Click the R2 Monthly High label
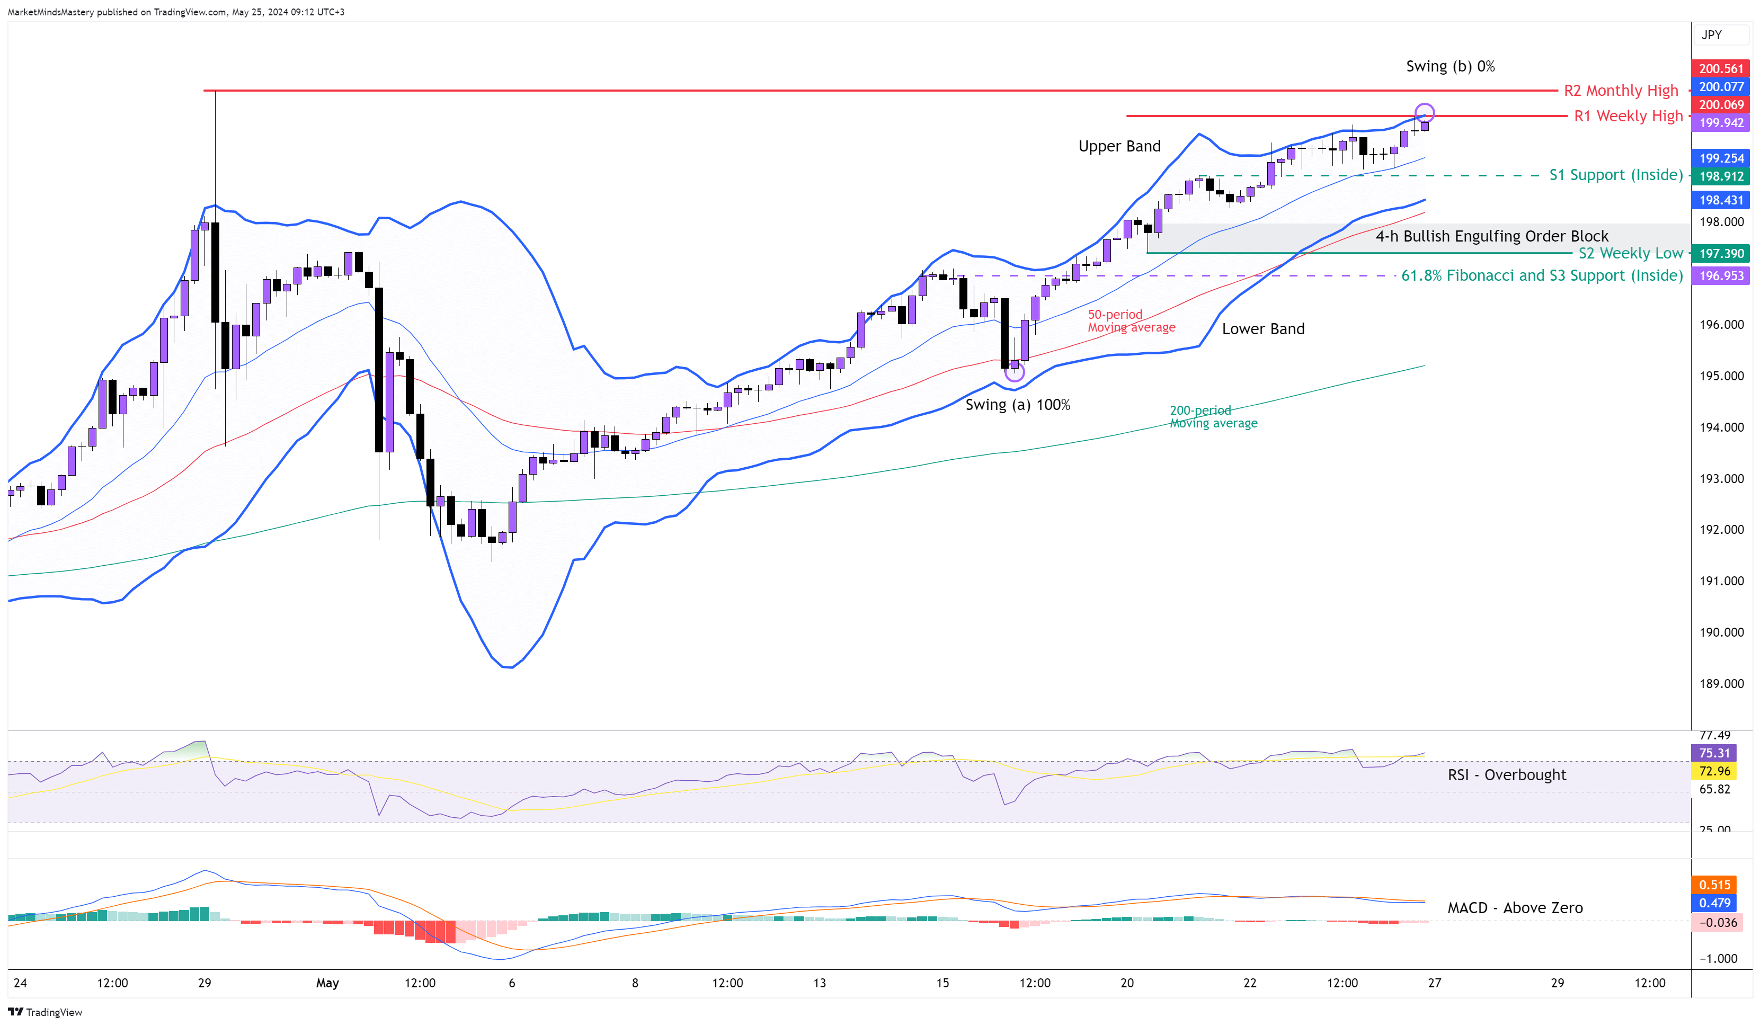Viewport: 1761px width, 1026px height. tap(1621, 91)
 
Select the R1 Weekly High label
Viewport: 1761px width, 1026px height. tap(1627, 116)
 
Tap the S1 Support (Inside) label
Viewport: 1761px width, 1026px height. tap(1616, 175)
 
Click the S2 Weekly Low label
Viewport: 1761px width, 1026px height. tap(1630, 253)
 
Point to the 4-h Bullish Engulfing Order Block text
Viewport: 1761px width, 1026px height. tap(1492, 236)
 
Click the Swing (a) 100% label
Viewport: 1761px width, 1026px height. tap(1018, 405)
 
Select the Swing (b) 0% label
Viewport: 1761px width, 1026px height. tap(1450, 66)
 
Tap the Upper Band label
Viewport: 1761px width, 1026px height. tap(1119, 146)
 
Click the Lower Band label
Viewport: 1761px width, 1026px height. tap(1263, 329)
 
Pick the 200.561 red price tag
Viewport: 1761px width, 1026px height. tap(1721, 68)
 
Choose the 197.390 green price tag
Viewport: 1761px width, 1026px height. tap(1721, 254)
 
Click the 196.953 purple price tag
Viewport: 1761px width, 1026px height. tap(1721, 276)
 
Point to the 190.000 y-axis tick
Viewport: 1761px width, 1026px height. tap(1721, 632)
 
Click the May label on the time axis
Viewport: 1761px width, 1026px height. tap(327, 984)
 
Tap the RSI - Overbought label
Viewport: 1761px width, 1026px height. tap(1507, 775)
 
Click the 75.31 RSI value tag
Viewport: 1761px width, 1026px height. tap(1714, 753)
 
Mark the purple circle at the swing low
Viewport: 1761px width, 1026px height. tap(1014, 372)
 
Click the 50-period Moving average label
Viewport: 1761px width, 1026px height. tap(1131, 321)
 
